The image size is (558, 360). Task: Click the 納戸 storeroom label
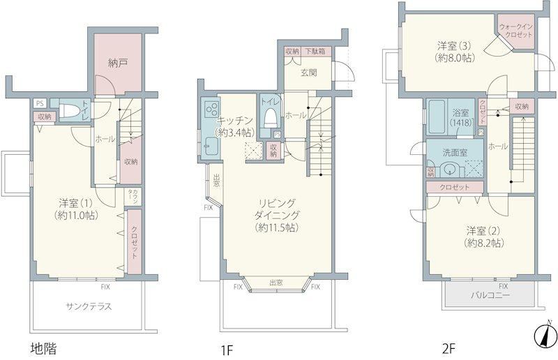(x=118, y=63)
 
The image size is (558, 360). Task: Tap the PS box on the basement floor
(x=40, y=104)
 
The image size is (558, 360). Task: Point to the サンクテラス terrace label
(x=89, y=306)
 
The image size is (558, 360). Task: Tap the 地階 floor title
(x=43, y=348)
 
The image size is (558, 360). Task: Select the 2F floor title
(x=448, y=348)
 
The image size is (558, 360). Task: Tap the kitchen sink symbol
(x=211, y=146)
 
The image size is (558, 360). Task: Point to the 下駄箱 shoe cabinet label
(x=315, y=51)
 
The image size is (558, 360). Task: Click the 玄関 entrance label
(x=308, y=73)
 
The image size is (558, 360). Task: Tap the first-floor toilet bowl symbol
(x=271, y=118)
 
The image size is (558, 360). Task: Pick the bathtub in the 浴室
(x=437, y=117)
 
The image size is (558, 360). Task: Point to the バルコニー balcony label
(x=490, y=295)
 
